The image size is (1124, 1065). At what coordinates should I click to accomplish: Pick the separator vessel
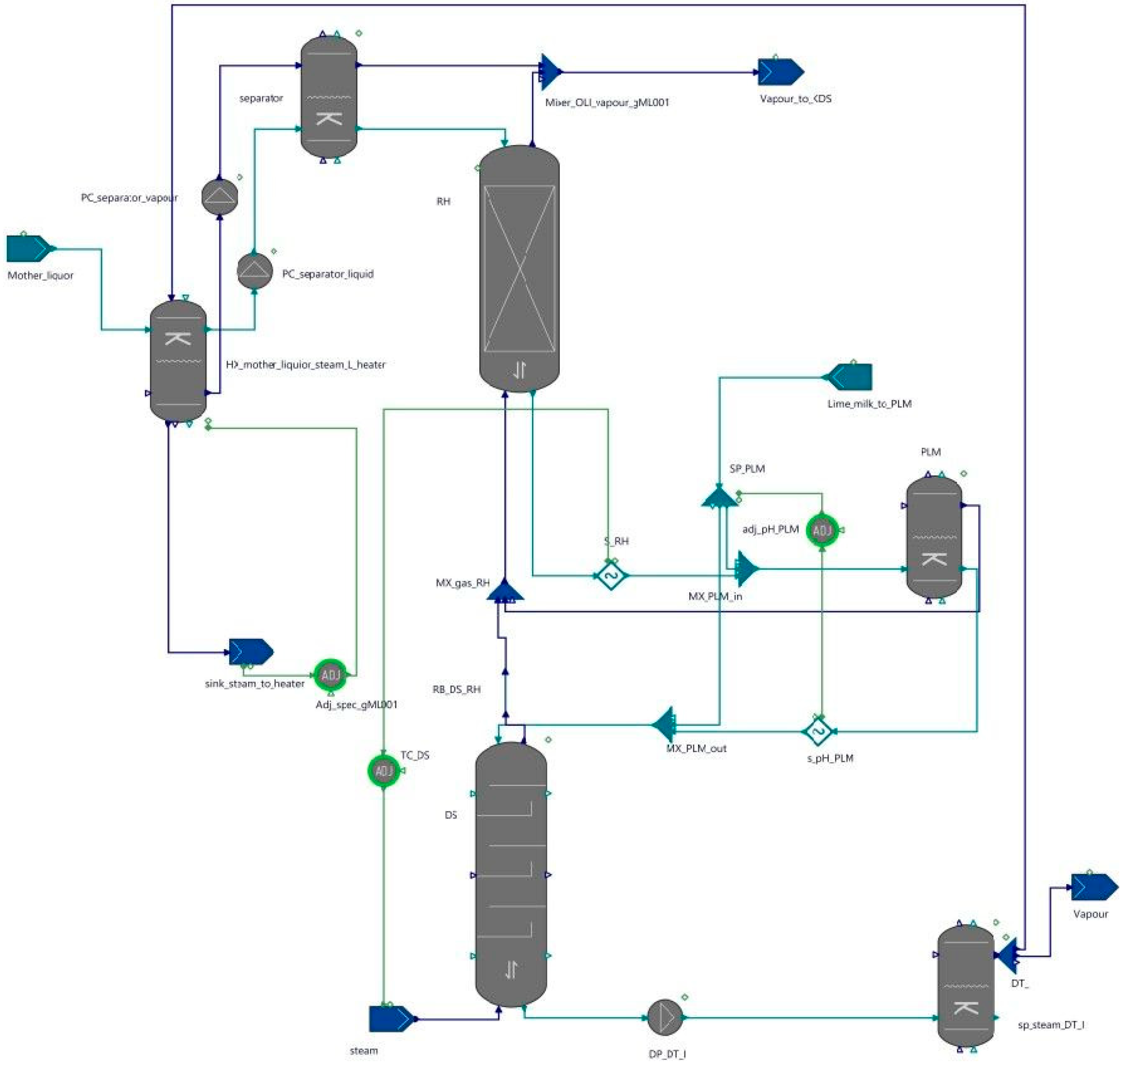pos(329,97)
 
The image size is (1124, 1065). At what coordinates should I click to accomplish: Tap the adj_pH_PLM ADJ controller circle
pos(821,530)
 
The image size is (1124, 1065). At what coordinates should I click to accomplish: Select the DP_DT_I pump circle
pos(665,1017)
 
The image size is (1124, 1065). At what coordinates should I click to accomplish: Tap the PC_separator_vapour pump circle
pos(220,196)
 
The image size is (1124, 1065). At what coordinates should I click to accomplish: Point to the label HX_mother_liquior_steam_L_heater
pos(306,364)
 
